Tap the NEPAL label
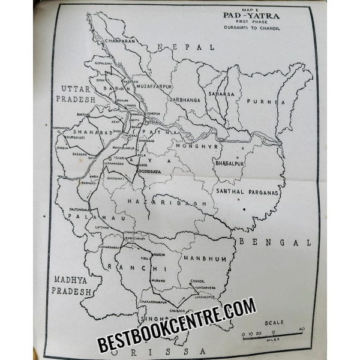184,47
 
